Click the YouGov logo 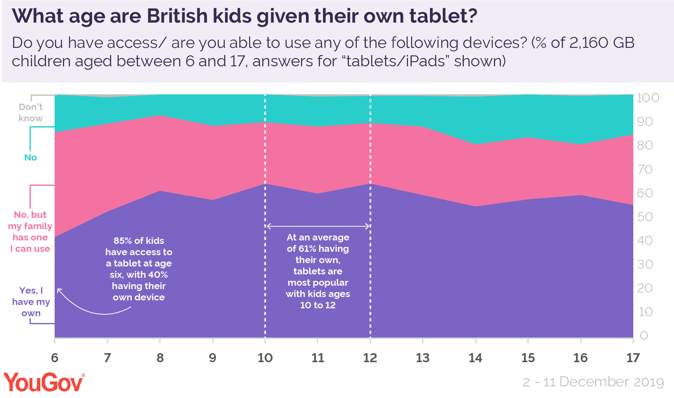click(43, 383)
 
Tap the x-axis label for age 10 click(265, 358)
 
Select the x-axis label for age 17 click(633, 358)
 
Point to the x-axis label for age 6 click(55, 358)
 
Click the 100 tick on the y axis click(648, 98)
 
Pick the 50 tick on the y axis click(645, 217)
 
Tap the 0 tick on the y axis click(644, 335)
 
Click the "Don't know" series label click(31, 112)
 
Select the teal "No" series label click(31, 158)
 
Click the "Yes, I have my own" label click(31, 302)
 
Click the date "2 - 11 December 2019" click(593, 382)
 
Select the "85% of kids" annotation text click(139, 240)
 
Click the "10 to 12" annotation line click(318, 305)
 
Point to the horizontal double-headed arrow click(318, 226)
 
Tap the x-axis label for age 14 click(475, 358)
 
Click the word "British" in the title click(177, 16)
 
